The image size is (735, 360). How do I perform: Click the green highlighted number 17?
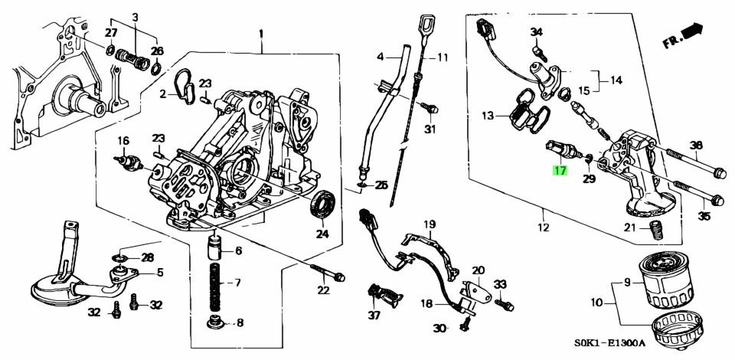pyautogui.click(x=560, y=170)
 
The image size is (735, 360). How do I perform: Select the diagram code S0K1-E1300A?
pyautogui.click(x=610, y=343)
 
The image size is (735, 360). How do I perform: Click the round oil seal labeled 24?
pyautogui.click(x=322, y=204)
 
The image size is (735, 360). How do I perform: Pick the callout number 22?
pyautogui.click(x=323, y=290)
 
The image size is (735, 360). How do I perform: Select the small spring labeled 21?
pyautogui.click(x=654, y=231)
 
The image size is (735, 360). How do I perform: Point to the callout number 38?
pyautogui.click(x=696, y=145)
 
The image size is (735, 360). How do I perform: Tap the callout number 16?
pyautogui.click(x=122, y=140)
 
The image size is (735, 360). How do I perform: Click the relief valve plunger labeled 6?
pyautogui.click(x=216, y=248)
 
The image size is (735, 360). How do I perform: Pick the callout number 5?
pyautogui.click(x=160, y=272)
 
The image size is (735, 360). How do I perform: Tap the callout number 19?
pyautogui.click(x=430, y=224)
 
